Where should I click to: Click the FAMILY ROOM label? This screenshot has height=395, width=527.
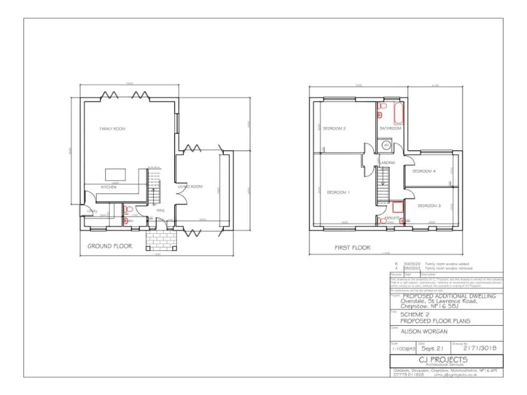point(113,128)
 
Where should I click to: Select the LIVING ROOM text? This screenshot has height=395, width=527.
point(190,186)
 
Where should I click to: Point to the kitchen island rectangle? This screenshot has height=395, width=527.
point(116,174)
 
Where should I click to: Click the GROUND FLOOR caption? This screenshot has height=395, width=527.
point(109,245)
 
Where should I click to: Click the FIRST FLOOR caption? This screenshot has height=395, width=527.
point(352,247)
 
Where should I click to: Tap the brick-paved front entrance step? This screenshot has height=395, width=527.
point(161,239)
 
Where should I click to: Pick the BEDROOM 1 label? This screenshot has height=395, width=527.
point(338,192)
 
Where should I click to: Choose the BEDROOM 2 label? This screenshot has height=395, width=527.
point(334,128)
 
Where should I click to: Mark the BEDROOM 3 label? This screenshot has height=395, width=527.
point(429,206)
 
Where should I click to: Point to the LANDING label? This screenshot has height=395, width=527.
point(387,163)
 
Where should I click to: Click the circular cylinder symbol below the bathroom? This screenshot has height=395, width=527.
point(386,145)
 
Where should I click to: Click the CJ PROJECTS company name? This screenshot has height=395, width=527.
point(445,359)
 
